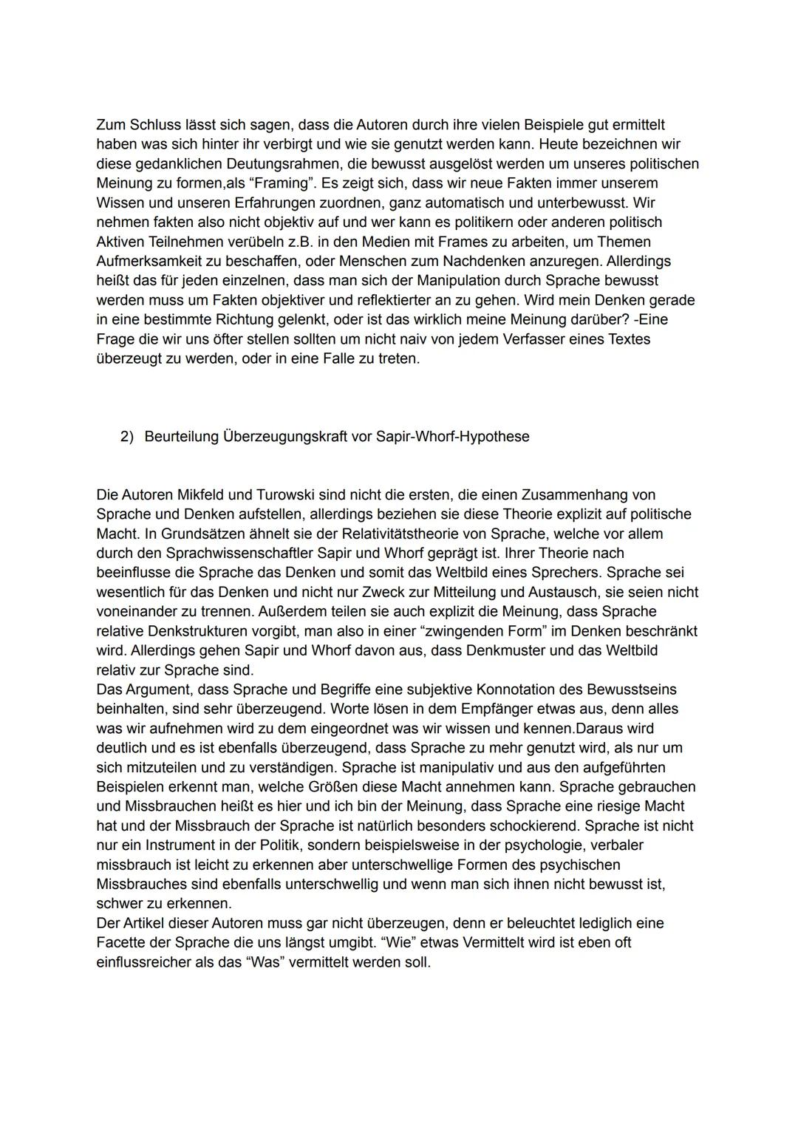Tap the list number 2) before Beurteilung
point(127,436)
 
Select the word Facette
point(121,942)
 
